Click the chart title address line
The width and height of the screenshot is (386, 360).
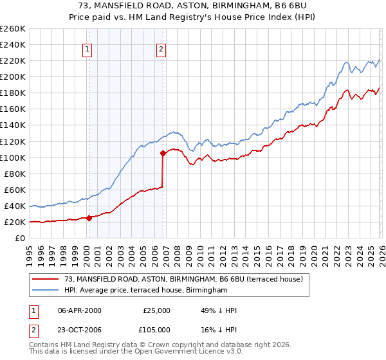[193, 6]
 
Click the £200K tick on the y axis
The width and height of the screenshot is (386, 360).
[13, 76]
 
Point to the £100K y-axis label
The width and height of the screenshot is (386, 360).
[13, 157]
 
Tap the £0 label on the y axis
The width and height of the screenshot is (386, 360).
[20, 238]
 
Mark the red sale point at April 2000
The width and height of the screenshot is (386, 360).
[89, 218]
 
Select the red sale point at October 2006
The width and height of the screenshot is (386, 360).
[163, 153]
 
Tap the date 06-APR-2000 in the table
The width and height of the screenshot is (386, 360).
[80, 310]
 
